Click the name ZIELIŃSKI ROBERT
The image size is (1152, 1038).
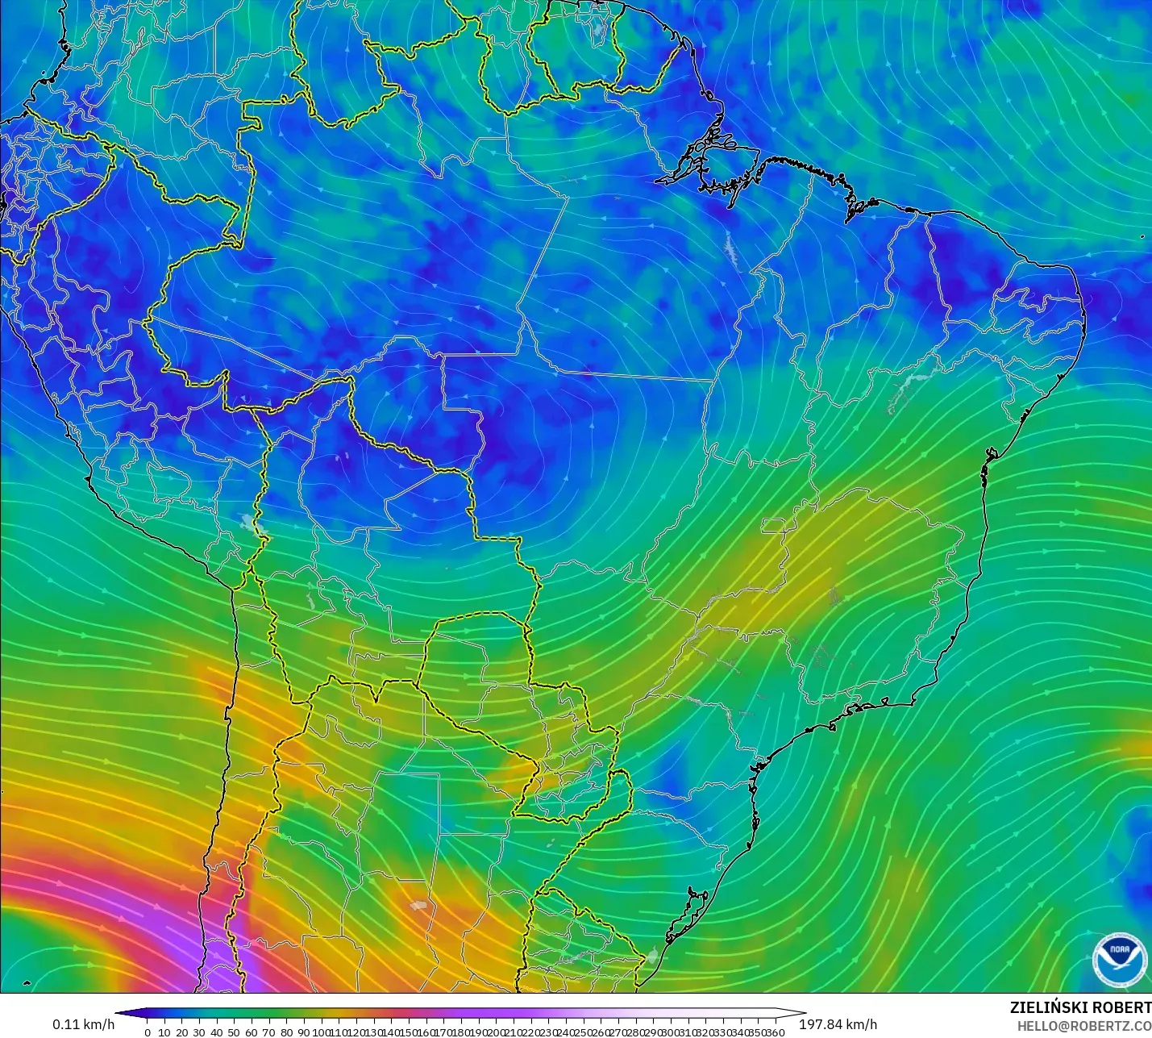pyautogui.click(x=1080, y=1007)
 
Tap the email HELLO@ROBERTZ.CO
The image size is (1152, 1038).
pyautogui.click(x=1083, y=1026)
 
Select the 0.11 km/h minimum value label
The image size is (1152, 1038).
pyautogui.click(x=84, y=1024)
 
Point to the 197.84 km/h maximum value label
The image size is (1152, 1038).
pyautogui.click(x=838, y=1024)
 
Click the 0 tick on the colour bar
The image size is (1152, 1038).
pyautogui.click(x=147, y=1032)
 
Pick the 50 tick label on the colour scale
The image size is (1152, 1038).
pyautogui.click(x=234, y=1032)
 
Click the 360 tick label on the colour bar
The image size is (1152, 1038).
pyautogui.click(x=775, y=1032)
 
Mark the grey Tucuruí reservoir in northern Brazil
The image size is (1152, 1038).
pyautogui.click(x=732, y=248)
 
